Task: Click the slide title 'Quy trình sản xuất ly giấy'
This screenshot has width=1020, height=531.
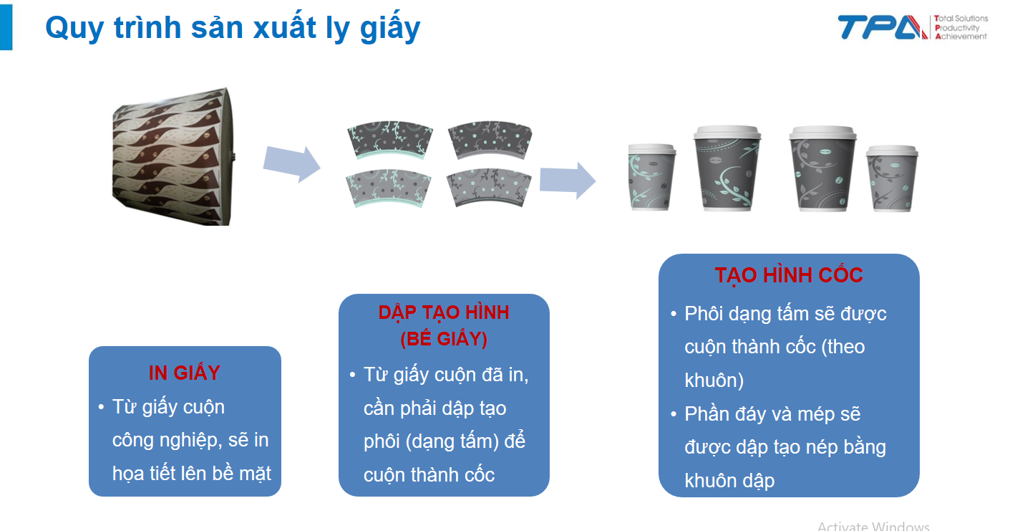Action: [233, 28]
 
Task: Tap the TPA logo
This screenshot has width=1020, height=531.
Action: [883, 27]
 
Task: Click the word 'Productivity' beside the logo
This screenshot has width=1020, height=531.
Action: [957, 28]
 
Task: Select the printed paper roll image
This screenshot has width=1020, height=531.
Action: [173, 156]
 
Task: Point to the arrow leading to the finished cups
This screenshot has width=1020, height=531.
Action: [568, 180]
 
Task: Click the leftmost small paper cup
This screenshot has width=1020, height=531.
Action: [651, 177]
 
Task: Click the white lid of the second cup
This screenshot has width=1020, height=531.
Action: [727, 132]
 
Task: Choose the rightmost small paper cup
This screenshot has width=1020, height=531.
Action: [892, 178]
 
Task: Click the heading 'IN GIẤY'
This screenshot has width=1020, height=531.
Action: [185, 373]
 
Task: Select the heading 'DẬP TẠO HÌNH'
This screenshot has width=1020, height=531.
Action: [444, 312]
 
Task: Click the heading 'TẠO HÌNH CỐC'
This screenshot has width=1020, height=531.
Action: [789, 275]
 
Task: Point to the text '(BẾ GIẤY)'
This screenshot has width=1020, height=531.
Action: [444, 339]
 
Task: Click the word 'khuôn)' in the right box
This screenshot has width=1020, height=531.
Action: [714, 381]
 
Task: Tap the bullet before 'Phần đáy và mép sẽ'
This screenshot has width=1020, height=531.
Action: [674, 414]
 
